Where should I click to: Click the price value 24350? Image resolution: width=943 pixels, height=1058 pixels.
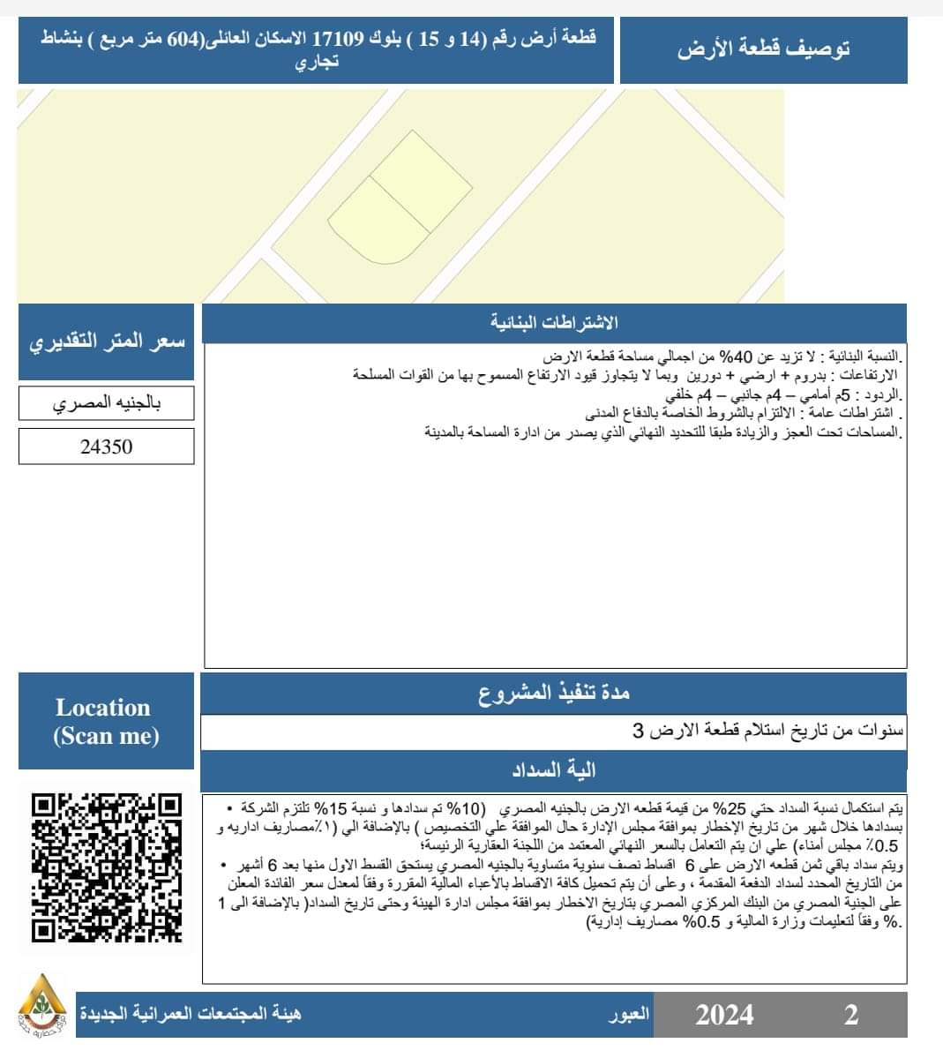click(x=106, y=446)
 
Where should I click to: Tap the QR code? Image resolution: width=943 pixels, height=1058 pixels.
click(x=106, y=867)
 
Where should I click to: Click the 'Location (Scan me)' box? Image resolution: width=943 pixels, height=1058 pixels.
click(x=106, y=721)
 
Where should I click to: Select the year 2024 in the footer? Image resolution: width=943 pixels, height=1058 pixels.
click(x=724, y=1014)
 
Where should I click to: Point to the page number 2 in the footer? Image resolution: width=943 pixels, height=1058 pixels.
click(x=850, y=1014)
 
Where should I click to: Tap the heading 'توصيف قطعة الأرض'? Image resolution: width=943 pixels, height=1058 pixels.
click(x=763, y=49)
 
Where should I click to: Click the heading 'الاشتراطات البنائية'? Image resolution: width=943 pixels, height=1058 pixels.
click(x=554, y=323)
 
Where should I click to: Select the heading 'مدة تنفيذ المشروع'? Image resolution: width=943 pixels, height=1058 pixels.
click(x=554, y=694)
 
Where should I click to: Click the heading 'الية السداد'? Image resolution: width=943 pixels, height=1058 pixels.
click(x=554, y=770)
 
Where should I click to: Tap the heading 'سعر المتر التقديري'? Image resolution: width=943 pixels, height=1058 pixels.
click(x=106, y=342)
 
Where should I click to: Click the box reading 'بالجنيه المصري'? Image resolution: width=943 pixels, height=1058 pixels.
click(x=106, y=403)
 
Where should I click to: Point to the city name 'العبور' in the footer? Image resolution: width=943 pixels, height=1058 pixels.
click(x=629, y=1014)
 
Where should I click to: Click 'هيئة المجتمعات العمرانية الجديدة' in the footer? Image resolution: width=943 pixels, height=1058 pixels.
click(x=190, y=1014)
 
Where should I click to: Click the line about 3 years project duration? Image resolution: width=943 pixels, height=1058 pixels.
click(x=767, y=732)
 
